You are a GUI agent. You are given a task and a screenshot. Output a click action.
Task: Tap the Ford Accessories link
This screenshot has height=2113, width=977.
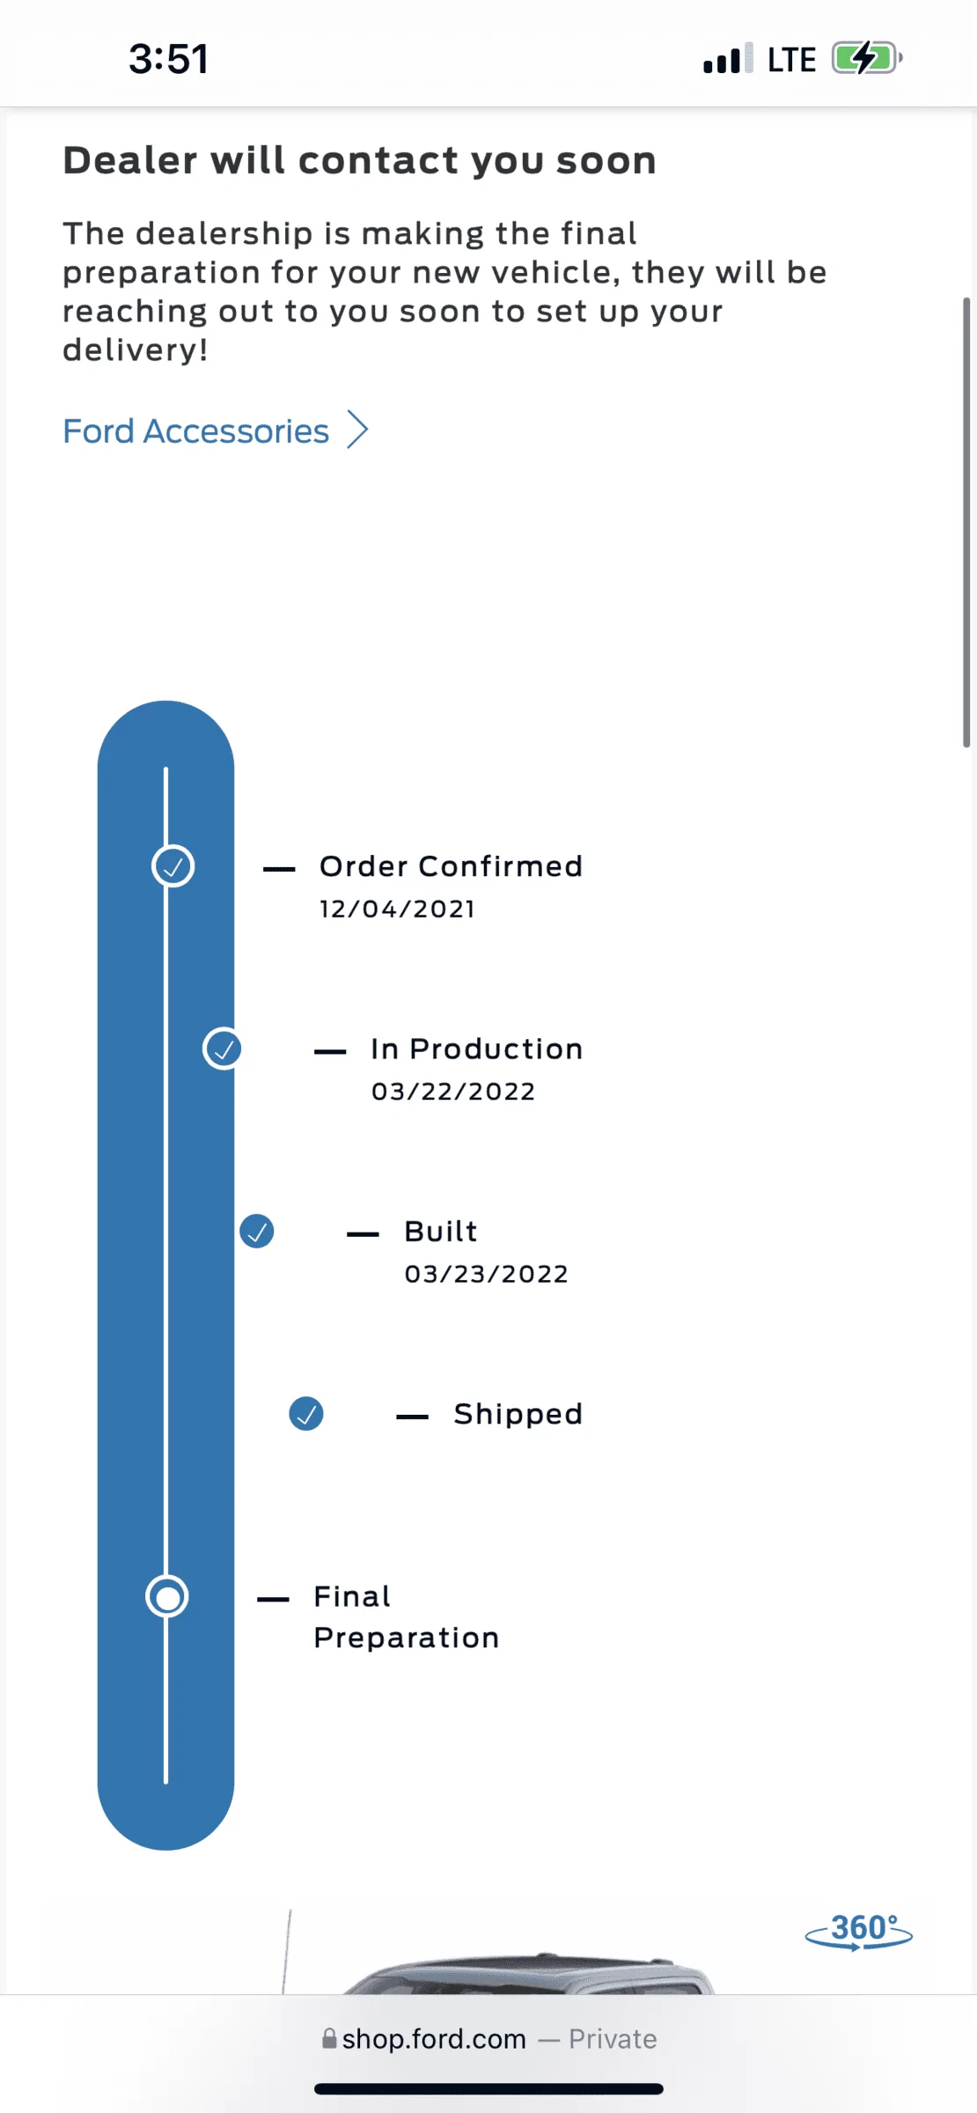(195, 431)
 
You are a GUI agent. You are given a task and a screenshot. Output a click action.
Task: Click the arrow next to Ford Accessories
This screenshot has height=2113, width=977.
(357, 430)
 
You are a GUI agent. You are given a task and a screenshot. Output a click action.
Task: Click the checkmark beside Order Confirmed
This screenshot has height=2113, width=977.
(173, 866)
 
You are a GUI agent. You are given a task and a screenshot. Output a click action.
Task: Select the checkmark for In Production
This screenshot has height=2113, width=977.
(223, 1049)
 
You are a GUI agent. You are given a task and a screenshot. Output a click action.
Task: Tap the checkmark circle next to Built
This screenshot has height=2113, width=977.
(257, 1231)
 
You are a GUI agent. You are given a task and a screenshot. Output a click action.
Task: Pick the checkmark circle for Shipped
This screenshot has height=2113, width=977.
(306, 1414)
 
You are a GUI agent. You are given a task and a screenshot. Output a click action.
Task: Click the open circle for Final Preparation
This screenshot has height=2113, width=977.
(166, 1596)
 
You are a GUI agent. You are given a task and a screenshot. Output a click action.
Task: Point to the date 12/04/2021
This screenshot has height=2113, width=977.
(397, 909)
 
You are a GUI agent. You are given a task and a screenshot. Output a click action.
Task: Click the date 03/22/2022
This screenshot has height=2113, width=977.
(453, 1092)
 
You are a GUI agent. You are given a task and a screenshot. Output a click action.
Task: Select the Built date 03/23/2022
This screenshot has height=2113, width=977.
(487, 1274)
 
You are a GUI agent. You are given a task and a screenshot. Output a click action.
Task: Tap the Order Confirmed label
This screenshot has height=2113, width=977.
(451, 866)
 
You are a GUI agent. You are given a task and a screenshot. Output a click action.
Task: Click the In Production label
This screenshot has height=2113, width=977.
(476, 1049)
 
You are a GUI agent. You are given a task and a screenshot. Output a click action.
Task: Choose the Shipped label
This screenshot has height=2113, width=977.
(518, 1414)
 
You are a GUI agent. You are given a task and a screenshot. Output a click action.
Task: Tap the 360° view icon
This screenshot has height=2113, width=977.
(859, 1931)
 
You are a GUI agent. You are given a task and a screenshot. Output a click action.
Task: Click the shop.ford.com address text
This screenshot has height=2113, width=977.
(434, 2039)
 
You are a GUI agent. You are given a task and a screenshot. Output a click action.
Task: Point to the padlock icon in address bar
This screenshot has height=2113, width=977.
(329, 2039)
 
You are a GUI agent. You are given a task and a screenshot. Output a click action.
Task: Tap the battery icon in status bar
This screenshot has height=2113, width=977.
(866, 59)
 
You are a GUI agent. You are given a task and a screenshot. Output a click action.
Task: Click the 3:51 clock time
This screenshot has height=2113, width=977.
(168, 59)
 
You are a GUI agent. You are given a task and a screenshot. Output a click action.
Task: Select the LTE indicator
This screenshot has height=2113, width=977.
(791, 60)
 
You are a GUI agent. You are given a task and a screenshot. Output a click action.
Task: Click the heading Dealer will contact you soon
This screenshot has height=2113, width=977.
(359, 160)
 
